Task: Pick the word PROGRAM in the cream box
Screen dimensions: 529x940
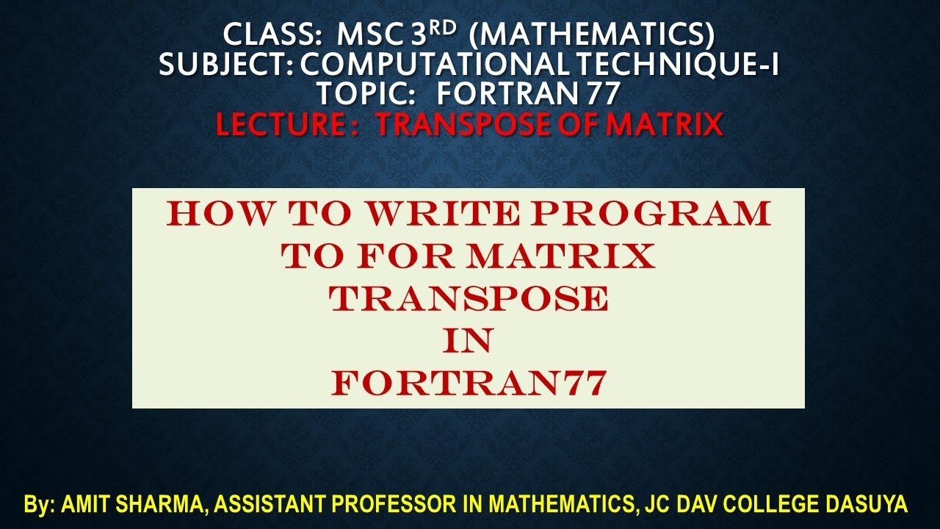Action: [652, 214]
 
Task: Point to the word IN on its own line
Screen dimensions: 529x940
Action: [469, 341]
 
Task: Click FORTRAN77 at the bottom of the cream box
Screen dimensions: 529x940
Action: [469, 383]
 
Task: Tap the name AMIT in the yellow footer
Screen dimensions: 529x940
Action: [85, 505]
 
